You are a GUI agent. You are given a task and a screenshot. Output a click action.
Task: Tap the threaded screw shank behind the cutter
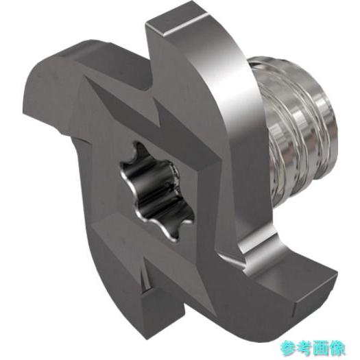click(x=298, y=129)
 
